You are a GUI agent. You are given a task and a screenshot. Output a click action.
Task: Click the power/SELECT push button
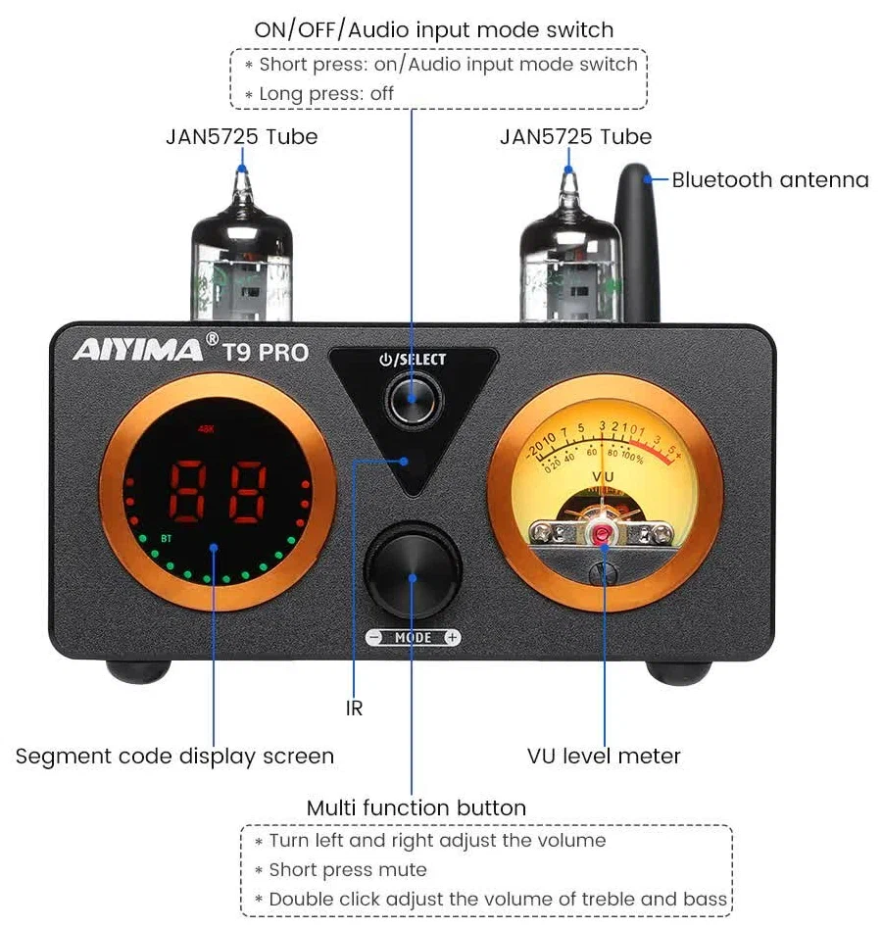pos(412,398)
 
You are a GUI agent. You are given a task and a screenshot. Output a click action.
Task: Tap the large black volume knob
pos(413,576)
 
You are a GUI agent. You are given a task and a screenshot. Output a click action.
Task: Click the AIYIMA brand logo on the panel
pos(138,349)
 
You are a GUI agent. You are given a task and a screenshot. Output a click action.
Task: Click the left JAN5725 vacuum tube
pos(241,256)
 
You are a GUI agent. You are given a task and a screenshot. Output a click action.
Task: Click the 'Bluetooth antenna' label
pos(770,180)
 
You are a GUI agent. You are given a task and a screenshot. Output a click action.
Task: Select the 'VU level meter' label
pos(604,756)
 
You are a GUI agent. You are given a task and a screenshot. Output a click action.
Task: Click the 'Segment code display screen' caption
pos(174,757)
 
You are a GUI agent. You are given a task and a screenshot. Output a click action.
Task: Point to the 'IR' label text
pos(354,708)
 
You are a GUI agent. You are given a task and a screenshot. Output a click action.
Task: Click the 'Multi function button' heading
pos(416,808)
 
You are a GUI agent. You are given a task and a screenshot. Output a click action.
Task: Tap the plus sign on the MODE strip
pos(452,638)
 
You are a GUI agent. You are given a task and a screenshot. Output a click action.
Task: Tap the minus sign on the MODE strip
pos(374,638)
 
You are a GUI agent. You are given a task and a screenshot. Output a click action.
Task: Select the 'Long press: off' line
pos(327,94)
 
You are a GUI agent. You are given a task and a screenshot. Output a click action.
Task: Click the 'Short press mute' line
pos(348,869)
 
